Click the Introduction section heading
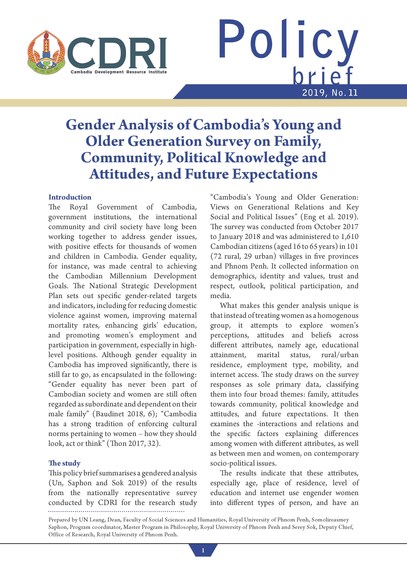click(x=70, y=197)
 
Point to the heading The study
click(x=64, y=463)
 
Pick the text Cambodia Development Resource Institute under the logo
click(x=119, y=72)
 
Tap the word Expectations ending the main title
click(x=275, y=174)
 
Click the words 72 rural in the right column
click(x=226, y=256)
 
